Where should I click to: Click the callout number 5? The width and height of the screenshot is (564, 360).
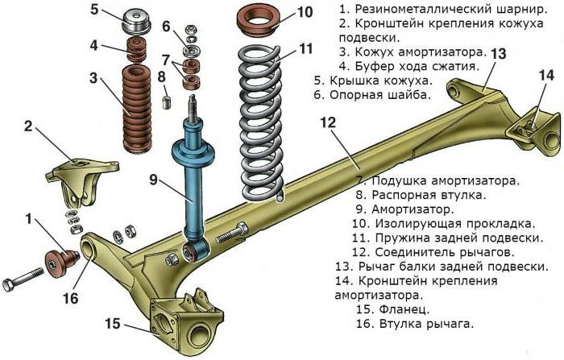(94, 10)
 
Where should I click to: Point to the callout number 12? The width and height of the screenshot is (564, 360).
(326, 122)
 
